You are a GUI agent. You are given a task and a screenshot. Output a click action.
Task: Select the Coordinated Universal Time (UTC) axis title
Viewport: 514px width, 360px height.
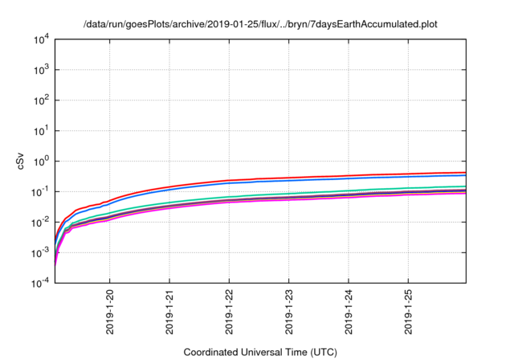(x=260, y=352)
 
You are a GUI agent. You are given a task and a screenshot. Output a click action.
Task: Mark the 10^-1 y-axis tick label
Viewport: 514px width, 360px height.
(x=40, y=191)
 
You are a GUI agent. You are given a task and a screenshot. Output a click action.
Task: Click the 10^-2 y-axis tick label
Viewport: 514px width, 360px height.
(x=40, y=222)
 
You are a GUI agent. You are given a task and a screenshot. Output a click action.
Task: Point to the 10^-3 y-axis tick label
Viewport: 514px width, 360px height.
(x=40, y=252)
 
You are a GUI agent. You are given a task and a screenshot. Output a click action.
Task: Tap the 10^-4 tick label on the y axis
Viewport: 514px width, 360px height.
(x=40, y=282)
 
